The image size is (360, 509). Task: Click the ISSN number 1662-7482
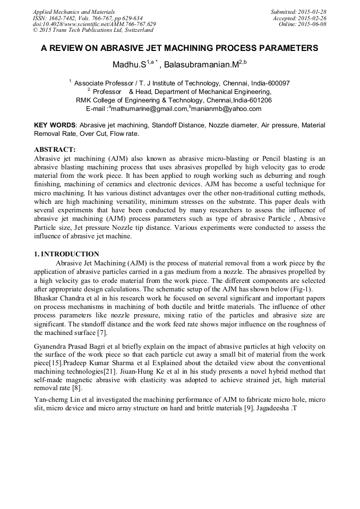point(66,18)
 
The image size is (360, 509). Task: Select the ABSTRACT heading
point(55,150)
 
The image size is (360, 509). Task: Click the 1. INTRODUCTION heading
point(66,254)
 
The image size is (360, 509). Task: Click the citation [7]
point(101,333)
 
